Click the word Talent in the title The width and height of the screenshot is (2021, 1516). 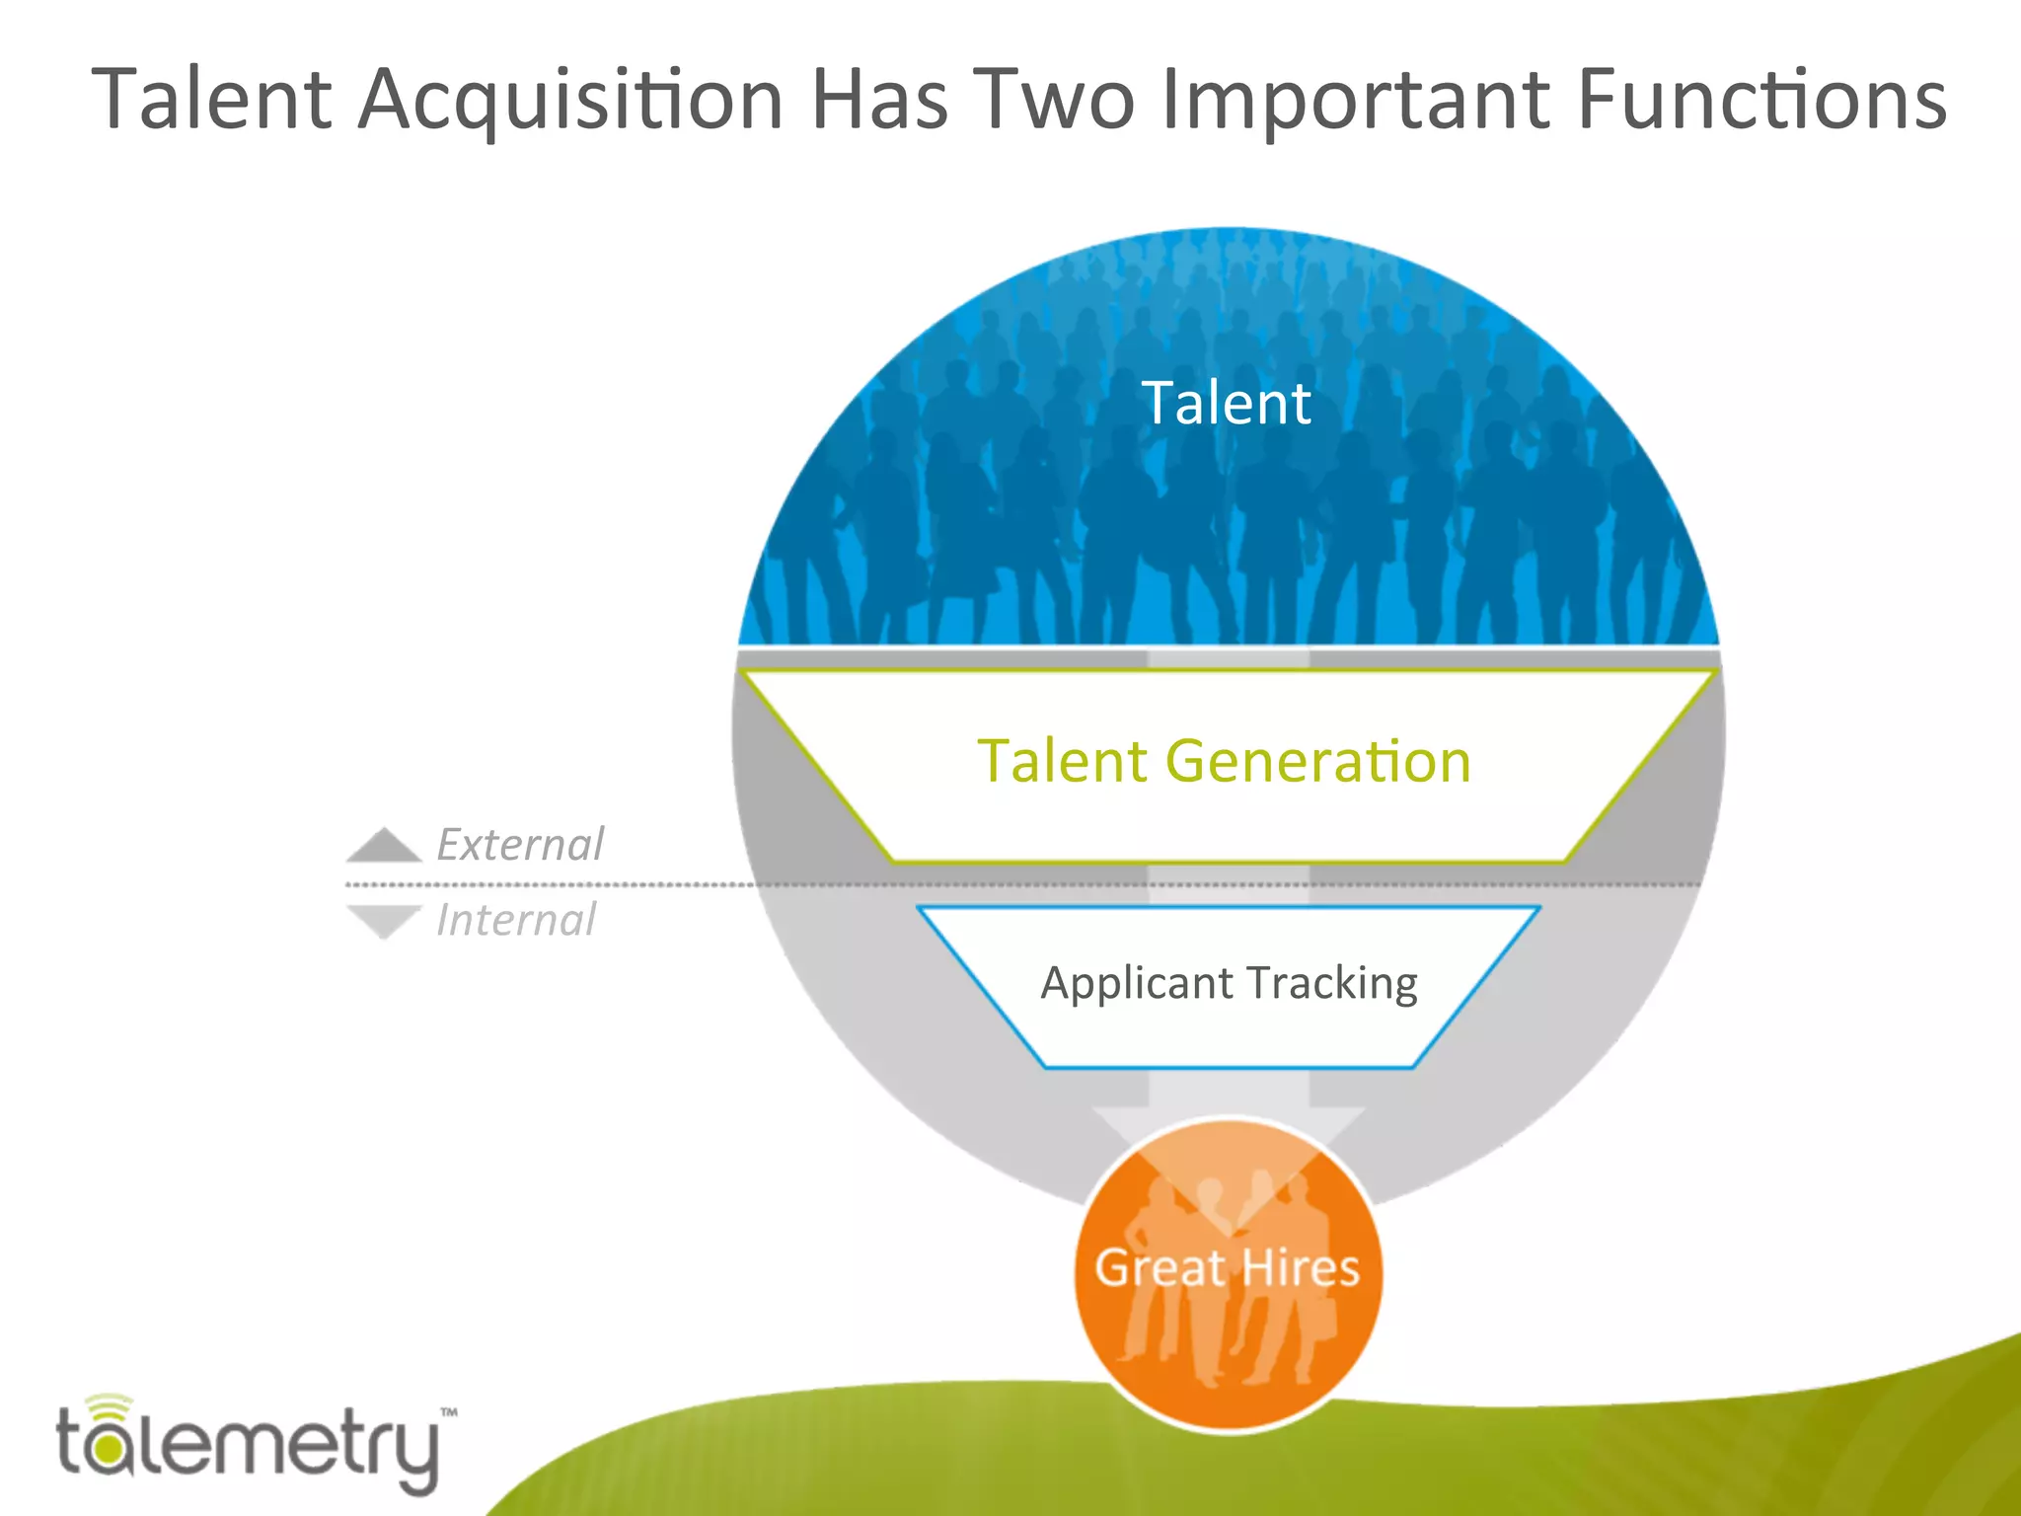pos(212,99)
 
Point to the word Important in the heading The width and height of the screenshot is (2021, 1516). pos(1357,101)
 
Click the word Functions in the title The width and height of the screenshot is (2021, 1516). pos(1761,99)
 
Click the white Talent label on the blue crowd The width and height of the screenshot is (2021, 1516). pos(1227,403)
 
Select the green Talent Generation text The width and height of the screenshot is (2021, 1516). pos(1224,761)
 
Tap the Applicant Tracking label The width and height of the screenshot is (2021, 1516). pos(1229,983)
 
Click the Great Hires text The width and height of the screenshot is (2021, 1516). pos(1228,1267)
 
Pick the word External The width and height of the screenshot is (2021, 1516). pos(520,845)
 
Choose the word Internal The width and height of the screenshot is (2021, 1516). pos(516,920)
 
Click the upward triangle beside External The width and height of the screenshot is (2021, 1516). pos(384,846)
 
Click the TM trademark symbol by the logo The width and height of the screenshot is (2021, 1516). pos(448,1412)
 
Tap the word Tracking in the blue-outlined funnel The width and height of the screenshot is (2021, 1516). pos(1332,983)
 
